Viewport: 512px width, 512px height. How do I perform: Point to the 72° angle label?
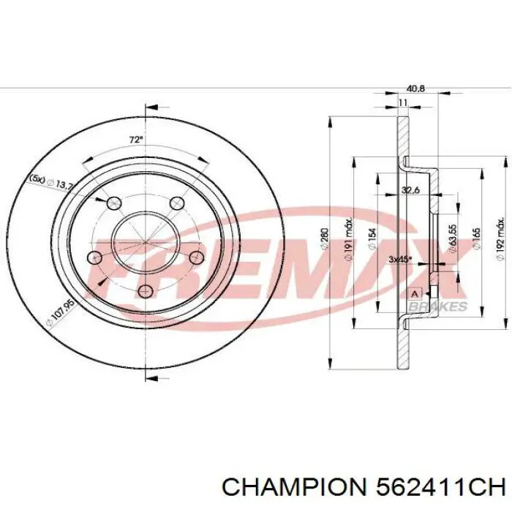(x=135, y=139)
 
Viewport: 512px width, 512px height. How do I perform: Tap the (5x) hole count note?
(x=37, y=178)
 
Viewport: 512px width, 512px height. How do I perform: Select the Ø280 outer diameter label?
(x=323, y=238)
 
